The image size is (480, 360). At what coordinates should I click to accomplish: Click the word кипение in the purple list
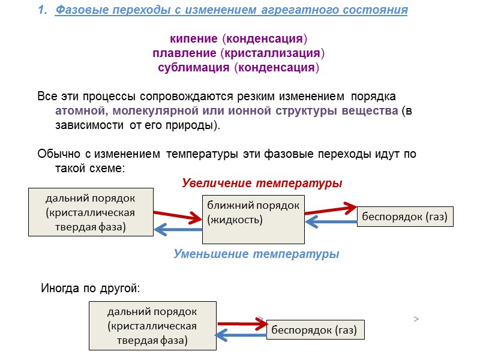195,39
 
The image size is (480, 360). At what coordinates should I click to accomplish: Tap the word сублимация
194,68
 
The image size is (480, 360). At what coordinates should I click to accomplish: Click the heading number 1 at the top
41,10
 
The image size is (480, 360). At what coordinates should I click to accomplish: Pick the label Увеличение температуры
262,182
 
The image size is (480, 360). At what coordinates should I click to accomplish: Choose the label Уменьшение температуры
256,254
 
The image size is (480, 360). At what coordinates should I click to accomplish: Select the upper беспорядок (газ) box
405,217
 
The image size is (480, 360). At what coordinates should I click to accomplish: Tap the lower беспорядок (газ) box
314,329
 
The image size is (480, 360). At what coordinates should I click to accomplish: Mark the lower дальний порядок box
152,326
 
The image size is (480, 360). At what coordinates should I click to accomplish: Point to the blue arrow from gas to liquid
331,222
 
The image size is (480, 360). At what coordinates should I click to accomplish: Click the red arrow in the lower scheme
242,324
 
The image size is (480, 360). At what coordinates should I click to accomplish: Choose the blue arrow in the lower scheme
241,336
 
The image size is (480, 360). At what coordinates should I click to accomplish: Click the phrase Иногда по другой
90,289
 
